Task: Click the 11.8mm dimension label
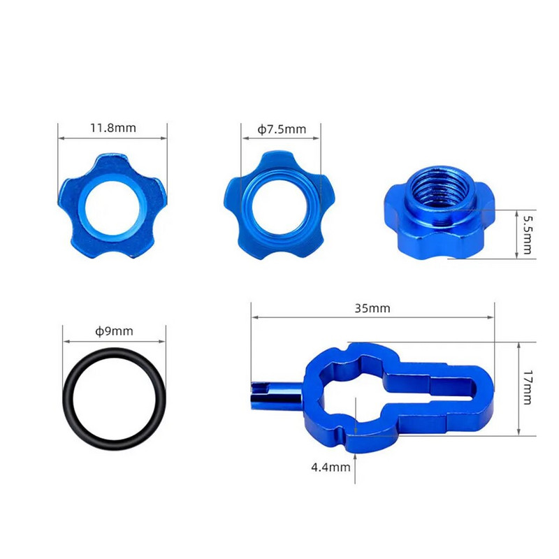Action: point(113,128)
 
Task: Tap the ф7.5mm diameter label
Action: point(282,129)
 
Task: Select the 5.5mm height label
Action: point(528,235)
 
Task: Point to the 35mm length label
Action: point(372,308)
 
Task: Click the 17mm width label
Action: point(528,388)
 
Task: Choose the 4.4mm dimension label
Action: point(331,467)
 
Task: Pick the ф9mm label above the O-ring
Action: point(114,331)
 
